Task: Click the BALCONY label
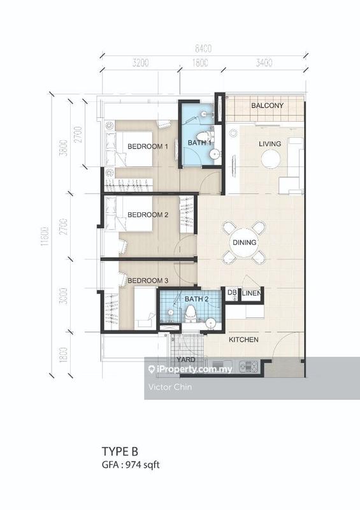[x=266, y=105]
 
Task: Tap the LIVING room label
[x=270, y=144]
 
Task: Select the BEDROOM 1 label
[x=147, y=147]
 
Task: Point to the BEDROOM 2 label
[x=147, y=215]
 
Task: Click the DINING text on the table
[x=244, y=243]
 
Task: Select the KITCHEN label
[x=243, y=340]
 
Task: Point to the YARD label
[x=186, y=360]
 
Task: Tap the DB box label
[x=232, y=293]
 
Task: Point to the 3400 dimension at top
[x=263, y=63]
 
